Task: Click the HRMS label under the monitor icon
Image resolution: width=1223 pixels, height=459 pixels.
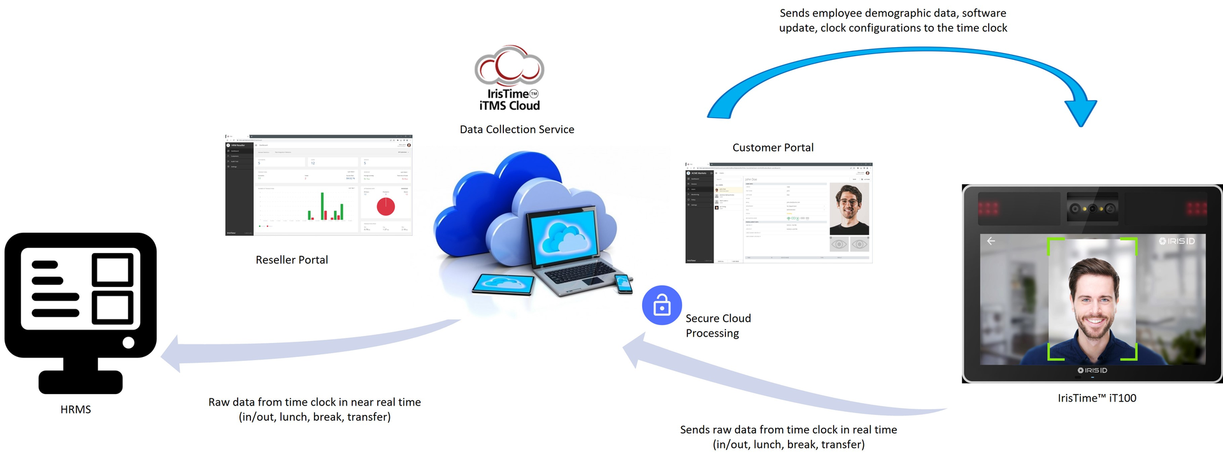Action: (x=76, y=409)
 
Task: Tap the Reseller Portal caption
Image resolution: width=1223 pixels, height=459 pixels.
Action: (x=292, y=260)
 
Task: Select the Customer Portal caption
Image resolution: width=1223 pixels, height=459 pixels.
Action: (x=773, y=148)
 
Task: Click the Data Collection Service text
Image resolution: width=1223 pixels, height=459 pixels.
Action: (x=517, y=129)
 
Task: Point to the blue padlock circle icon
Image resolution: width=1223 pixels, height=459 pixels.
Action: (x=662, y=305)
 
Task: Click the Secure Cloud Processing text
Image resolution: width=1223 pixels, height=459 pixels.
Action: (x=718, y=326)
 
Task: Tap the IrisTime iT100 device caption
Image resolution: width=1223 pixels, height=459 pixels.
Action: (x=1097, y=398)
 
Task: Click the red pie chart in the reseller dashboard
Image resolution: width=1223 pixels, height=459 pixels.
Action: (x=386, y=207)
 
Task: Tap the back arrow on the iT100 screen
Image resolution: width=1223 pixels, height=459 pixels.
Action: (x=991, y=241)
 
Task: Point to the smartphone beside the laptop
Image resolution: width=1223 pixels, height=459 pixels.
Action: (x=623, y=282)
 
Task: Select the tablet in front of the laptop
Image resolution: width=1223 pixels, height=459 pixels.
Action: (x=503, y=284)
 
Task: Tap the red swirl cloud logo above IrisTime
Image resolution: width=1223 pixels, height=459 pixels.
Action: (x=509, y=66)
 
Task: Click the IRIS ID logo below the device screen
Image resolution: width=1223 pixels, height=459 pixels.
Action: (x=1092, y=370)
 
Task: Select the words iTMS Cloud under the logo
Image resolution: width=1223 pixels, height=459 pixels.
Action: (x=510, y=106)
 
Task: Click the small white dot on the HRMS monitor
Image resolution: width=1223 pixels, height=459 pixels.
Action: (x=128, y=343)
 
